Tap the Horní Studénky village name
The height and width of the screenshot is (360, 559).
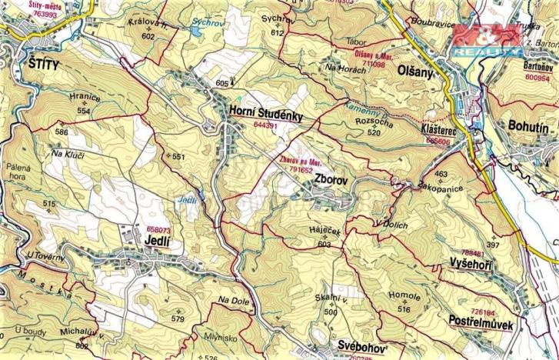point(266,112)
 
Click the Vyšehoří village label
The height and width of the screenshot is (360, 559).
point(471,265)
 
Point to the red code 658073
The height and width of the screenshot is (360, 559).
point(158,229)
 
